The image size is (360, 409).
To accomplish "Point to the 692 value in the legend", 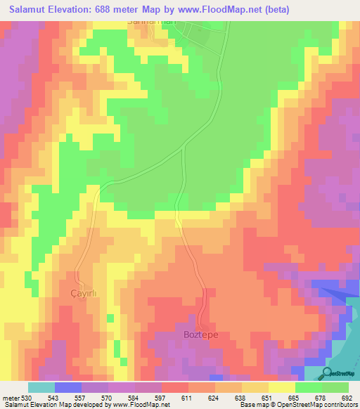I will point(346,397).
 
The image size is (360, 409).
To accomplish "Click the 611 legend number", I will point(186,397).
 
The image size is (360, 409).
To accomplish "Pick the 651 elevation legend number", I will point(266,397).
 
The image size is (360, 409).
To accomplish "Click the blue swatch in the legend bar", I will point(68,387).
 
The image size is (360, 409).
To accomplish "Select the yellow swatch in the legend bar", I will point(282,387).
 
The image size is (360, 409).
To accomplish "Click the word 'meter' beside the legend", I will point(10,397).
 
